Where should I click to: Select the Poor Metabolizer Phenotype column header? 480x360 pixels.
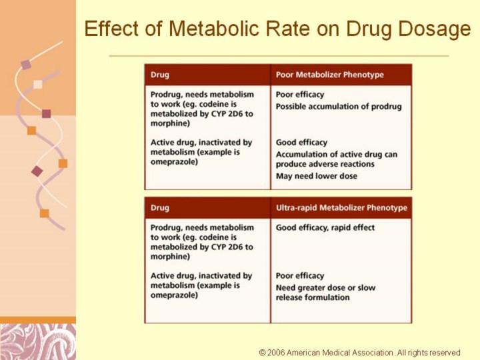tap(330, 75)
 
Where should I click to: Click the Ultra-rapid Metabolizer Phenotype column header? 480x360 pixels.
tap(341, 208)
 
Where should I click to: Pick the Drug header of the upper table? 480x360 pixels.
tap(160, 75)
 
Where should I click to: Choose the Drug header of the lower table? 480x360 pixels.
tap(160, 208)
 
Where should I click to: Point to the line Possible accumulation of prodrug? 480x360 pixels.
tap(339, 107)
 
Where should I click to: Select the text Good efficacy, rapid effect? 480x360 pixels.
tap(325, 227)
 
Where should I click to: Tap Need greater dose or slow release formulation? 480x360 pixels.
tap(325, 293)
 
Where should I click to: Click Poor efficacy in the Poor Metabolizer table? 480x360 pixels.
tap(300, 95)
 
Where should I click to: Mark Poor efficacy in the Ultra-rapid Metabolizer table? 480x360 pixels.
tap(300, 275)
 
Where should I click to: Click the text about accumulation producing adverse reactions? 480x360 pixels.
tap(336, 159)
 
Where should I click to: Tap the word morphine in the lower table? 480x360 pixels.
tap(169, 256)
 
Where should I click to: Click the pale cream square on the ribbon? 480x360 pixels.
tap(38, 84)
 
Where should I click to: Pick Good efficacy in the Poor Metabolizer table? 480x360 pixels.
tap(301, 142)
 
